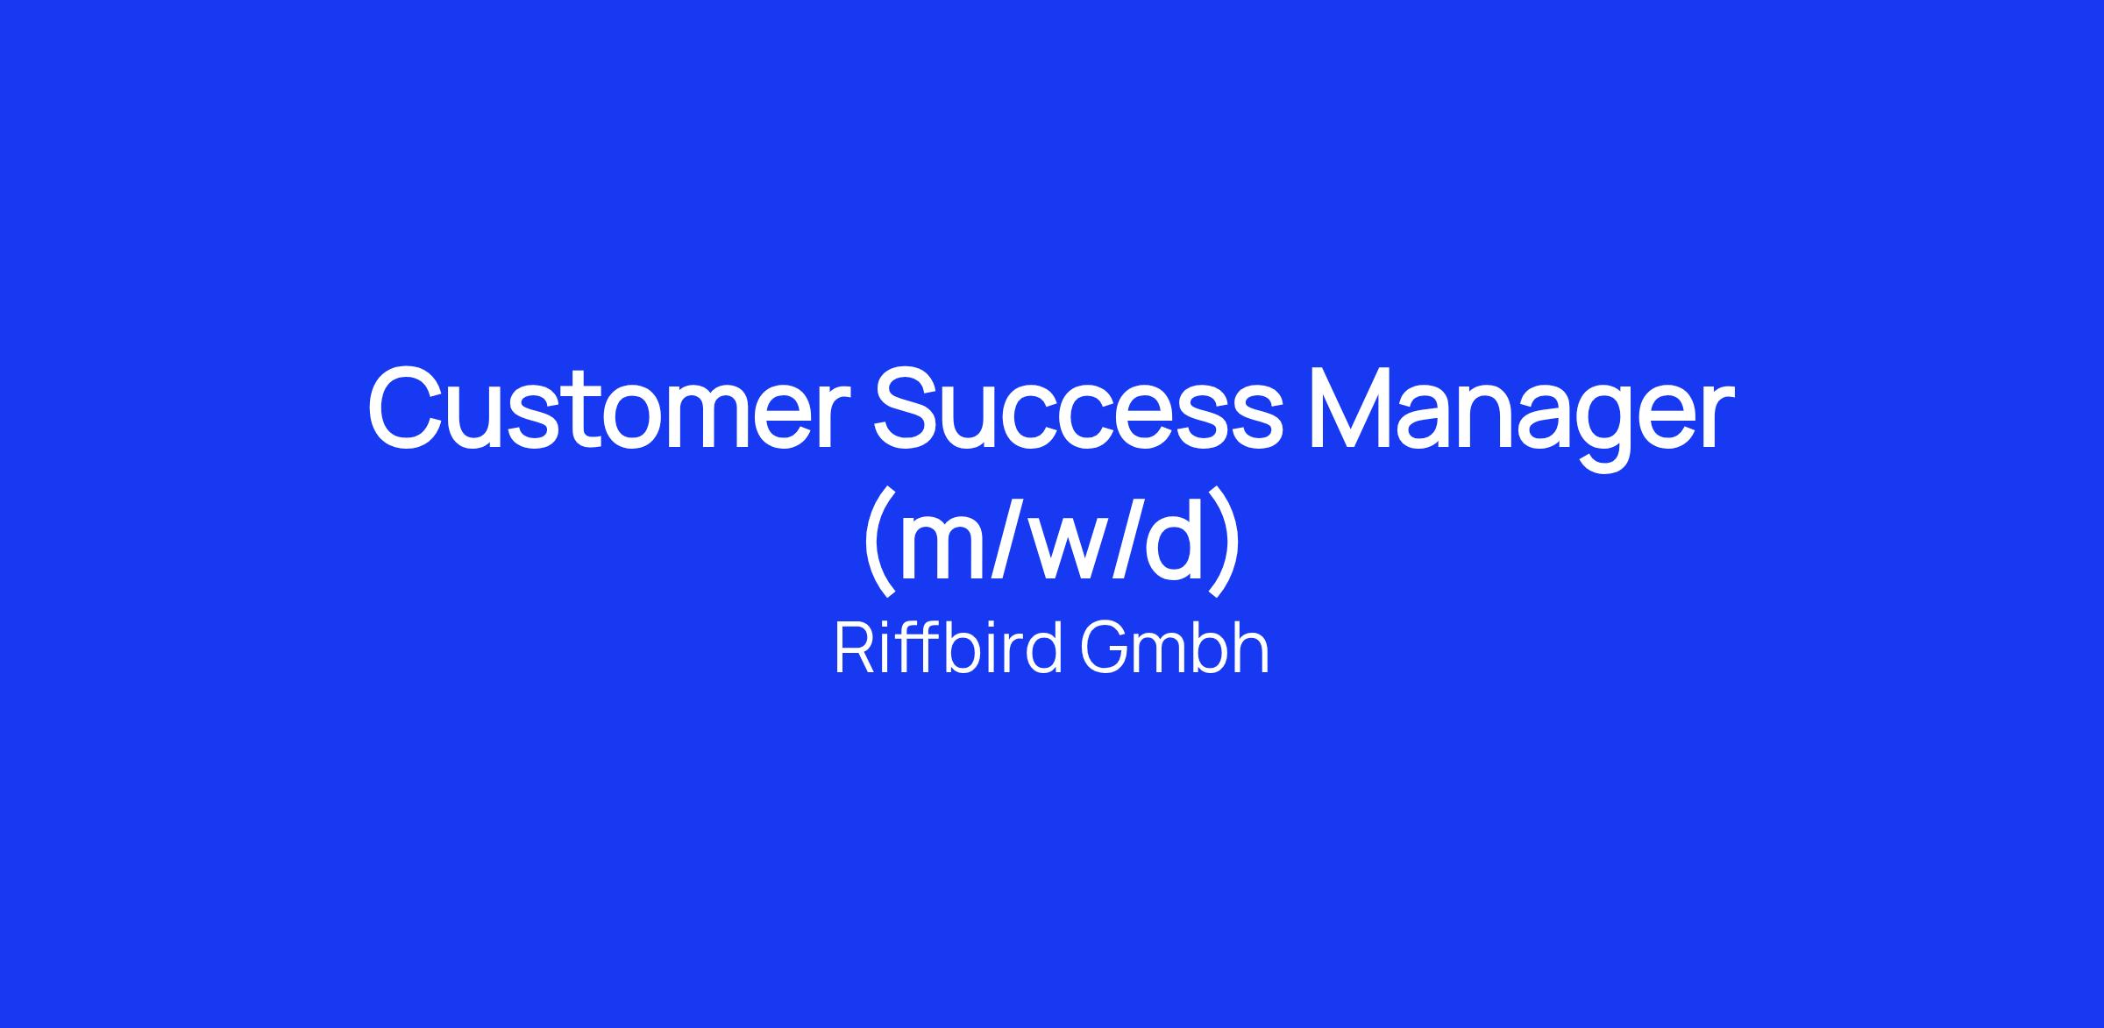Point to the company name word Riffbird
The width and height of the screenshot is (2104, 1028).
tap(949, 648)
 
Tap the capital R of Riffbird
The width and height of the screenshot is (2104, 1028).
tap(853, 648)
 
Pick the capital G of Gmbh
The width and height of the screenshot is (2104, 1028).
tap(1104, 648)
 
